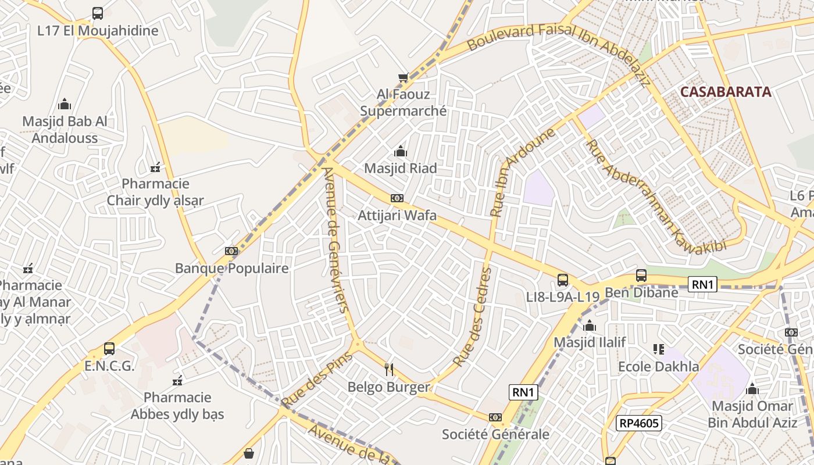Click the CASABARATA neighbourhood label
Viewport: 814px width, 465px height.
click(x=726, y=92)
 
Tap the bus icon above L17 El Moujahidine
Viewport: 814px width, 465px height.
click(x=98, y=13)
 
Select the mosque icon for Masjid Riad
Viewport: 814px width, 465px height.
click(x=400, y=152)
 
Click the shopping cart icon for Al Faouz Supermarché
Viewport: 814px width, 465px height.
click(x=403, y=77)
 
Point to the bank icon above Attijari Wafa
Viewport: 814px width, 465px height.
click(x=397, y=198)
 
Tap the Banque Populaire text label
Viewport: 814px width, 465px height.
click(x=231, y=269)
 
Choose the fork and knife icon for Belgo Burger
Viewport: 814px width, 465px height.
click(x=389, y=369)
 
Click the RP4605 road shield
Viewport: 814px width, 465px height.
click(x=638, y=423)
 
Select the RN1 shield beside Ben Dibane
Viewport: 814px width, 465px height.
click(x=702, y=284)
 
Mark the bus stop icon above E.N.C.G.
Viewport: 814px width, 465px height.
click(x=109, y=349)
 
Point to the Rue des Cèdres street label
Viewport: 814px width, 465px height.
click(x=473, y=317)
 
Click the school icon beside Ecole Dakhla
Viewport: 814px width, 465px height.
click(x=658, y=349)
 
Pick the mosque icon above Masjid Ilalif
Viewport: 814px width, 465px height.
click(x=590, y=325)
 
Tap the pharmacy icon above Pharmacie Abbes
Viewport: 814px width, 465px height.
click(x=177, y=381)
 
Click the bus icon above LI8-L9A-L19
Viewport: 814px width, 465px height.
click(x=562, y=280)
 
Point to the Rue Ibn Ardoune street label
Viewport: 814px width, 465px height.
click(x=524, y=172)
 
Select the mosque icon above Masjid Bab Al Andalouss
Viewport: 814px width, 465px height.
click(x=65, y=104)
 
